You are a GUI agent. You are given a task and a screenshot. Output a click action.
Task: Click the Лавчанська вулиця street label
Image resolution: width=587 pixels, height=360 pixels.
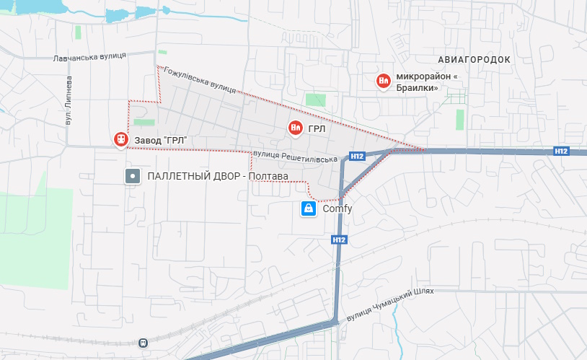point(89,57)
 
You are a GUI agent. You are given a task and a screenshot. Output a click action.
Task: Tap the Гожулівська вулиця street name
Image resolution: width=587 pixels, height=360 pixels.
point(200,79)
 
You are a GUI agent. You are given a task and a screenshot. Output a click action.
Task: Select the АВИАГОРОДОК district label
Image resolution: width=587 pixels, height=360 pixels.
point(474,59)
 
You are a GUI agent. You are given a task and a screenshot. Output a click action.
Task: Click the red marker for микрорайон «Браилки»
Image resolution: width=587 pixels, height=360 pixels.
point(384,82)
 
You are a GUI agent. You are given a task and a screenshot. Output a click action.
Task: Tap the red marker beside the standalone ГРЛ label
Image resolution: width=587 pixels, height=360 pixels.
point(295,128)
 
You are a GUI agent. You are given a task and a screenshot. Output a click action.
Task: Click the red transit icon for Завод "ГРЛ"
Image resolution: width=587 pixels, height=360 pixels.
point(120,139)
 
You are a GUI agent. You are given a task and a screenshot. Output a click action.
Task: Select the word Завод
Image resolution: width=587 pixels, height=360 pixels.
point(147,139)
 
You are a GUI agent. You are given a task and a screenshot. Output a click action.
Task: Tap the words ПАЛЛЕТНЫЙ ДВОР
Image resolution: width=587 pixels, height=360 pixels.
point(190,177)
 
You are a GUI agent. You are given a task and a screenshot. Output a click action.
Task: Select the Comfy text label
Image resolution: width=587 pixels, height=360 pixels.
point(337,209)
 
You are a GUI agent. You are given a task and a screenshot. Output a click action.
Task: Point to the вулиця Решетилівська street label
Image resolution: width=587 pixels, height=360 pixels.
point(295,156)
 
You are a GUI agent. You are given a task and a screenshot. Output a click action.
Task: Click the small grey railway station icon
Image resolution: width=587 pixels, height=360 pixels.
point(144,343)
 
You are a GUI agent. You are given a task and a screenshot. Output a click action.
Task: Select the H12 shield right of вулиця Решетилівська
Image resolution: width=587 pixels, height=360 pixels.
point(356,156)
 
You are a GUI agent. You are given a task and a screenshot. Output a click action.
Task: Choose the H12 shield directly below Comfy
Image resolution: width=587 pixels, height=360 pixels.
point(340,240)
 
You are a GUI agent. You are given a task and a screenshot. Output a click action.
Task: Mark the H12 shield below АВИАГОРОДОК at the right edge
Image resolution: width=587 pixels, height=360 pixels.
point(562,151)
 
